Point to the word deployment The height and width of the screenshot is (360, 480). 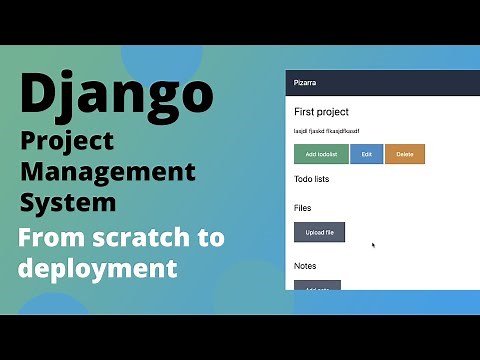click(x=97, y=268)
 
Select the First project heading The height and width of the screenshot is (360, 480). click(x=321, y=112)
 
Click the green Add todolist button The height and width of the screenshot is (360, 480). click(x=321, y=154)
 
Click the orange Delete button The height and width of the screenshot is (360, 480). click(x=405, y=154)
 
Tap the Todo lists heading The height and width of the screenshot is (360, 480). click(x=312, y=180)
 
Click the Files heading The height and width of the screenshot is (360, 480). click(x=303, y=208)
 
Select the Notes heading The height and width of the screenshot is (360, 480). click(x=305, y=266)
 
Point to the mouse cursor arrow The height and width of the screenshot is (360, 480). click(x=373, y=244)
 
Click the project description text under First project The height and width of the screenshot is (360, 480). click(x=326, y=131)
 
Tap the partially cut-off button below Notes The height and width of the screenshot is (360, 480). click(x=318, y=287)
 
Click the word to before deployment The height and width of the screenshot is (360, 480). click(x=210, y=238)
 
